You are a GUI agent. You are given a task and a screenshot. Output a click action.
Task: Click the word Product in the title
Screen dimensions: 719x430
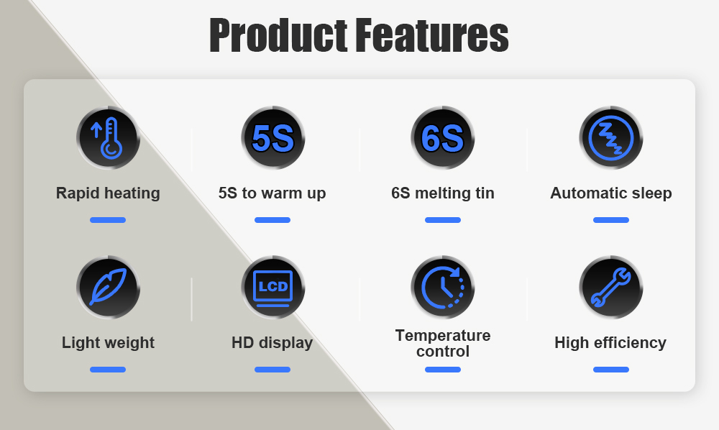(278, 35)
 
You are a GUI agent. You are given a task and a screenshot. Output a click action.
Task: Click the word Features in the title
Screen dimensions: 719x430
(432, 35)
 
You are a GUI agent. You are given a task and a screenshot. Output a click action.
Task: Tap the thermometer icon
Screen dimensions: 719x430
(109, 138)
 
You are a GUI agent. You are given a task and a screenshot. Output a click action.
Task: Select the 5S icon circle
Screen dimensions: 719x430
(273, 138)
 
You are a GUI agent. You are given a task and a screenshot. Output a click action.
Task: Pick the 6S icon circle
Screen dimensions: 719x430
(442, 138)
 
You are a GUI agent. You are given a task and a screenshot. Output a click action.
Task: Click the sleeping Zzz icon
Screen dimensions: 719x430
(610, 138)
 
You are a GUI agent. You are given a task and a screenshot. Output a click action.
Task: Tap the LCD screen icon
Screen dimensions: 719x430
(273, 288)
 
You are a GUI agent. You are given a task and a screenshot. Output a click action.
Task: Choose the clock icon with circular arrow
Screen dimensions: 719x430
(442, 288)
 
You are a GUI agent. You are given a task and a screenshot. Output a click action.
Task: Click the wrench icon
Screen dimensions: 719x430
(610, 288)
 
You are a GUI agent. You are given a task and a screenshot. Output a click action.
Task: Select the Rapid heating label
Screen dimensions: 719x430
(108, 193)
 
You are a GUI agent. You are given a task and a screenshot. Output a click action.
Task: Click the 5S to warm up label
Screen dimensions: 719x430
(272, 193)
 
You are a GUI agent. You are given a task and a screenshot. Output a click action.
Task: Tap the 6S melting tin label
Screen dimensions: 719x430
(442, 193)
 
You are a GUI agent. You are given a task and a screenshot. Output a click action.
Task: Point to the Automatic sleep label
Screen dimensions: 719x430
(610, 193)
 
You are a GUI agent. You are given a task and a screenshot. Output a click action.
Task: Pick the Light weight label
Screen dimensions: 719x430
(108, 343)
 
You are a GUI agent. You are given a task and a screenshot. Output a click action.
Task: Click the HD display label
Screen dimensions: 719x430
(272, 343)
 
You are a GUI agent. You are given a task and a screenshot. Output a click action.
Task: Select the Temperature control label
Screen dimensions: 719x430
(442, 344)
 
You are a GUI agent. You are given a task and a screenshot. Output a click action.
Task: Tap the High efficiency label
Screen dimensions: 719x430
(610, 343)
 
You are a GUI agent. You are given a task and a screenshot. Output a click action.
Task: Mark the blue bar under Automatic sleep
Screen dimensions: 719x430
(610, 220)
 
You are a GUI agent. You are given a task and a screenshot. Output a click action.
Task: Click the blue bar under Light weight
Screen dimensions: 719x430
(108, 370)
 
